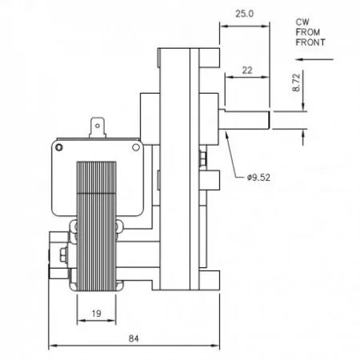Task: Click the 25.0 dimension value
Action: tap(244, 14)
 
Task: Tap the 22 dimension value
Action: tap(247, 70)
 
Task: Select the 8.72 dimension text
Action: tap(296, 82)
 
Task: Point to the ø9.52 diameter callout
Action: tap(258, 178)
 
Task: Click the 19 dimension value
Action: tap(96, 314)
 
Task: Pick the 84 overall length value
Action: tap(134, 338)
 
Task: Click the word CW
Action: tap(302, 22)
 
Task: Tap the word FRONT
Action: tap(310, 42)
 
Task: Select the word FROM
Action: tap(308, 32)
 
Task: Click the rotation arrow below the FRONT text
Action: tap(314, 59)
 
